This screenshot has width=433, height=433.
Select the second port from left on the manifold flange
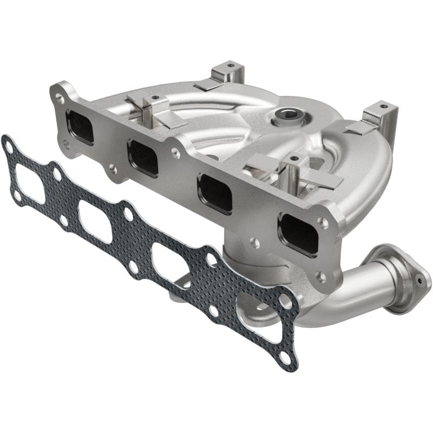click(143, 158)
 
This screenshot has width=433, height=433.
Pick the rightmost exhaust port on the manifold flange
click(298, 233)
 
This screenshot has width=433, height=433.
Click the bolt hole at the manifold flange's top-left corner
click(59, 97)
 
